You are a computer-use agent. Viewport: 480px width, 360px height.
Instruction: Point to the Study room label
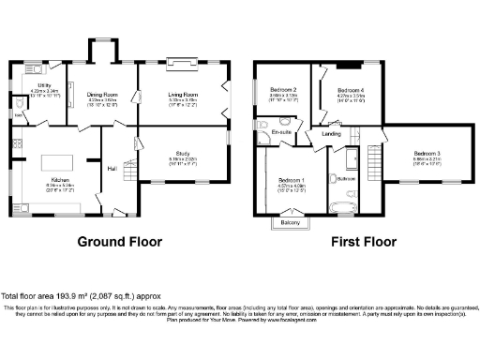(183, 155)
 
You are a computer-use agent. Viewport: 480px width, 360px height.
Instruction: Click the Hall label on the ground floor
(112, 168)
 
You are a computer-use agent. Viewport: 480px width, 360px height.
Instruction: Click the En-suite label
(281, 133)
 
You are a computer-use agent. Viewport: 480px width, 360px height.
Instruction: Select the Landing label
(331, 133)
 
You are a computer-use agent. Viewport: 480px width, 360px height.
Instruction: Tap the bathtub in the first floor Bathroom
(339, 201)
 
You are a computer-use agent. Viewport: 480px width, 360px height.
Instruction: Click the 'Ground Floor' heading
(119, 242)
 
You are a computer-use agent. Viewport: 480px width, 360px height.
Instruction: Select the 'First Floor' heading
(359, 242)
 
